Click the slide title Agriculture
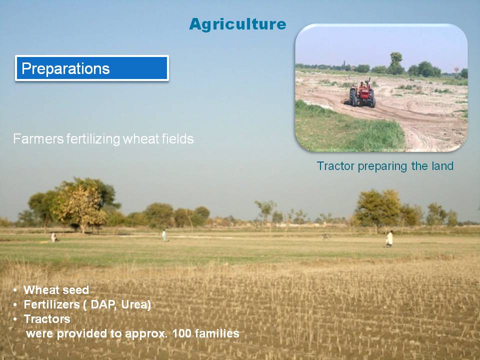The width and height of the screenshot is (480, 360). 237,24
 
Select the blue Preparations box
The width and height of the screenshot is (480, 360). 92,68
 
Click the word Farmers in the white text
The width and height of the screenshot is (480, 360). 38,139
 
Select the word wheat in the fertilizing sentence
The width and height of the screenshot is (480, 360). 140,139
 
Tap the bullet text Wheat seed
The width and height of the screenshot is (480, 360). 56,290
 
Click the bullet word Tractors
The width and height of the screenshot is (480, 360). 47,319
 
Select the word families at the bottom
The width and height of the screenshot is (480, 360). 217,333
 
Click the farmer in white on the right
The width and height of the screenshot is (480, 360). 389,239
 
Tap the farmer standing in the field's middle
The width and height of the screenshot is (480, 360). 164,235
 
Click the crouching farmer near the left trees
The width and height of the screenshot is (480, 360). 54,237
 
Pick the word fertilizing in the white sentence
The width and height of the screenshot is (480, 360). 93,139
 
